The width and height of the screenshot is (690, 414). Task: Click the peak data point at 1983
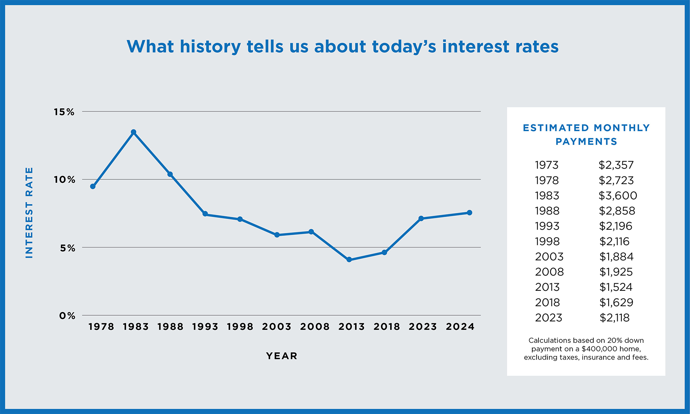[x=133, y=132]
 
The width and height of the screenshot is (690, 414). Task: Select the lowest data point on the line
[x=349, y=260]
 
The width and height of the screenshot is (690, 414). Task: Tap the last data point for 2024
[x=469, y=213]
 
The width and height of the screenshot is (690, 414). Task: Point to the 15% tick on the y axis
[x=64, y=112]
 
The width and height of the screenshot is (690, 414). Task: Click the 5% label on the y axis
[x=67, y=248]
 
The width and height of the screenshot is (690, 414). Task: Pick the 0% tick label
[x=67, y=316]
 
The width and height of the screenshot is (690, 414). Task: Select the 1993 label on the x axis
[x=205, y=327]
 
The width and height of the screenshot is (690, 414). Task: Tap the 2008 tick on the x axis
[x=315, y=327]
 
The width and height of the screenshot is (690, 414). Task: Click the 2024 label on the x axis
[x=460, y=327]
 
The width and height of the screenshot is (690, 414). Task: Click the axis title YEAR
[x=282, y=356]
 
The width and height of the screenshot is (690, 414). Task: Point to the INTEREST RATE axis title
[x=29, y=212]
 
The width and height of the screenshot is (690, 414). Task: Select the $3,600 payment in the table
[x=618, y=196]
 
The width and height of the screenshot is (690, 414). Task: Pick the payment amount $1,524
[x=616, y=287]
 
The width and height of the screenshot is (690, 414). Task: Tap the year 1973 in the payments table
[x=547, y=165]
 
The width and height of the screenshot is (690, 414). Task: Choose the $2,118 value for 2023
[x=614, y=318]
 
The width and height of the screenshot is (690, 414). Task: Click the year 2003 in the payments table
[x=549, y=257]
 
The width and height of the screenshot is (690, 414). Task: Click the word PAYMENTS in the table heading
[x=586, y=142]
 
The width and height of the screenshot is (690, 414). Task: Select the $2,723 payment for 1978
[x=616, y=180]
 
